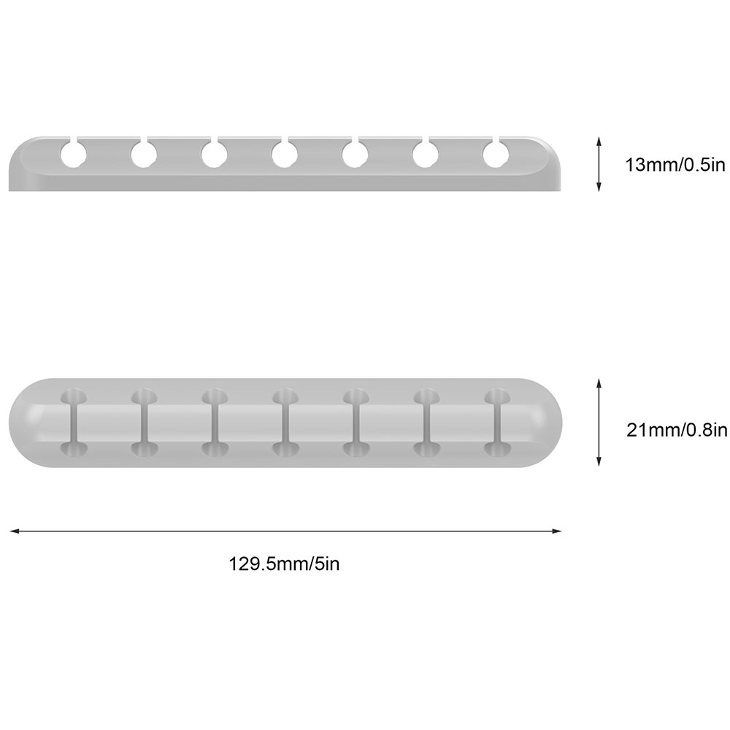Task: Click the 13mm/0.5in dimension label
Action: pos(675,165)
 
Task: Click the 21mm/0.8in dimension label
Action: pos(677,430)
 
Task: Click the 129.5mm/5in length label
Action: pos(284,564)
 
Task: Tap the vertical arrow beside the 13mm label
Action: pos(599,164)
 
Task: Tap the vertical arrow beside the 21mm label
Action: pos(599,423)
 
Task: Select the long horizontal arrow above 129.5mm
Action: pos(285,531)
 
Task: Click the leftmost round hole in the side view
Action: pos(74,154)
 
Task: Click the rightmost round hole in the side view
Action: pos(496,154)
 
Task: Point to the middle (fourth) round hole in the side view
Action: pos(285,154)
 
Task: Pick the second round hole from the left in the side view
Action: pos(144,154)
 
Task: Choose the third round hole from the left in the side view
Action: pos(215,154)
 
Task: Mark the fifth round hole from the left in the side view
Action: pos(356,154)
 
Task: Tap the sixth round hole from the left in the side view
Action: pos(426,154)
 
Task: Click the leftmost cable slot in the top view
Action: pos(74,423)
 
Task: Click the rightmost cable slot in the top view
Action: pos(497,423)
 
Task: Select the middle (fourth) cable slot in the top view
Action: pos(285,423)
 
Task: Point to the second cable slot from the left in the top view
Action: pos(145,423)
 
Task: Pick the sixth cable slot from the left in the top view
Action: pos(426,423)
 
